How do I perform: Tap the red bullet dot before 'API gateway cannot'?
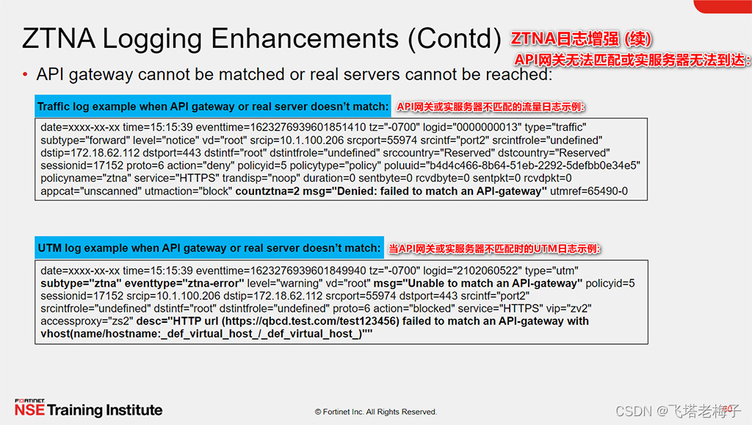coord(26,74)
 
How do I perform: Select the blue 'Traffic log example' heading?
coord(213,107)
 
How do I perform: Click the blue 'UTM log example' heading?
coord(209,249)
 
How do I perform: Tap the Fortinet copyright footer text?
coord(375,412)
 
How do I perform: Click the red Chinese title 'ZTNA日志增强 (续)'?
coord(582,38)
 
